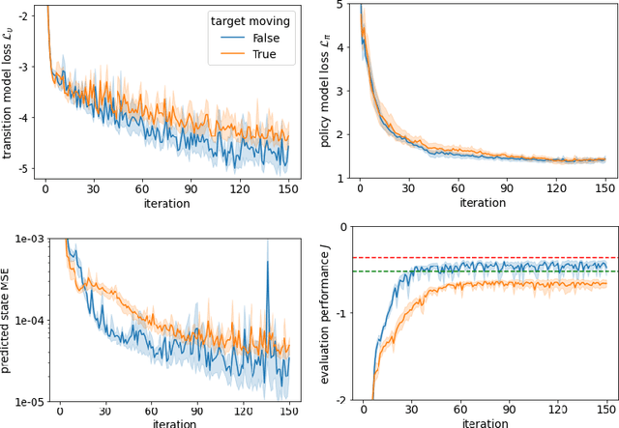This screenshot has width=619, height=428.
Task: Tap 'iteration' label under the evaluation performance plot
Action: click(x=484, y=423)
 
